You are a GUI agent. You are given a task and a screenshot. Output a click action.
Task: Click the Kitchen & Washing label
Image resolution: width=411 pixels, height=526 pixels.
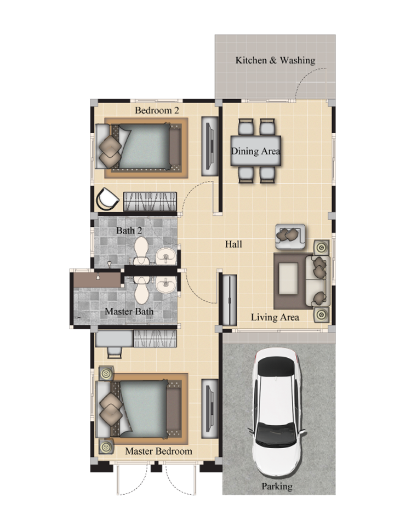pyautogui.click(x=275, y=60)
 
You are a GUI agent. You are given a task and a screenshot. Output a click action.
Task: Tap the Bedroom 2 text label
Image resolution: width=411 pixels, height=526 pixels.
pyautogui.click(x=157, y=110)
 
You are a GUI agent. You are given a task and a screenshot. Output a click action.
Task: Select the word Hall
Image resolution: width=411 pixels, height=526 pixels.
pyautogui.click(x=233, y=244)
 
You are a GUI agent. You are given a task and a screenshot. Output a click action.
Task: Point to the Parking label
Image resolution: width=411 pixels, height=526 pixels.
pyautogui.click(x=277, y=486)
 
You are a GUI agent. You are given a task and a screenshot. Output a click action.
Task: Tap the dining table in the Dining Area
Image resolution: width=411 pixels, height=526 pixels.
pyautogui.click(x=256, y=151)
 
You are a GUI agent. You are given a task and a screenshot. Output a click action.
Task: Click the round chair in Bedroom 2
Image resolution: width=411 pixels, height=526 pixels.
pyautogui.click(x=107, y=199)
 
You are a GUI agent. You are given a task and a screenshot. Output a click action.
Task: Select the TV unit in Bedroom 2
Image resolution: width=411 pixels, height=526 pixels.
pyautogui.click(x=210, y=146)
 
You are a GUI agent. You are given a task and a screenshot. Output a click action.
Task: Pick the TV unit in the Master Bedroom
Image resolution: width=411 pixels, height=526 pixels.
pyautogui.click(x=210, y=409)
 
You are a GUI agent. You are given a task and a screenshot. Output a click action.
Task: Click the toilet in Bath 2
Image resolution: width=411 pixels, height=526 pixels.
pyautogui.click(x=141, y=250)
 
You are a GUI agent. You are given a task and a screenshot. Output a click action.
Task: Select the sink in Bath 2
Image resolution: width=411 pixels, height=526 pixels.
pyautogui.click(x=165, y=256)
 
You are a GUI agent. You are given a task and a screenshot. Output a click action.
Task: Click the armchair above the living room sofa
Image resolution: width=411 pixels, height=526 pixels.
pyautogui.click(x=290, y=236)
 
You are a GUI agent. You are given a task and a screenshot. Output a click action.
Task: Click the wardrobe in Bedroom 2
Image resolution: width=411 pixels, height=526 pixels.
pyautogui.click(x=150, y=201)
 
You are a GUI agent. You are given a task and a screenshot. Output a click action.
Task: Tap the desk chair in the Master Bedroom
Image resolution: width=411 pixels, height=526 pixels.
pyautogui.click(x=115, y=352)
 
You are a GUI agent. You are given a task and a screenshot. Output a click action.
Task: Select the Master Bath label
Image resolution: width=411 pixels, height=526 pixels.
pyautogui.click(x=129, y=311)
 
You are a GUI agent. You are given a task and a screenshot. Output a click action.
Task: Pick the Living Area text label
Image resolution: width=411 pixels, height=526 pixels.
pyautogui.click(x=275, y=317)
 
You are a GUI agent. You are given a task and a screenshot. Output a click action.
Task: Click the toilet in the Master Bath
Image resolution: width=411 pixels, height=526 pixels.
pyautogui.click(x=141, y=289)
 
